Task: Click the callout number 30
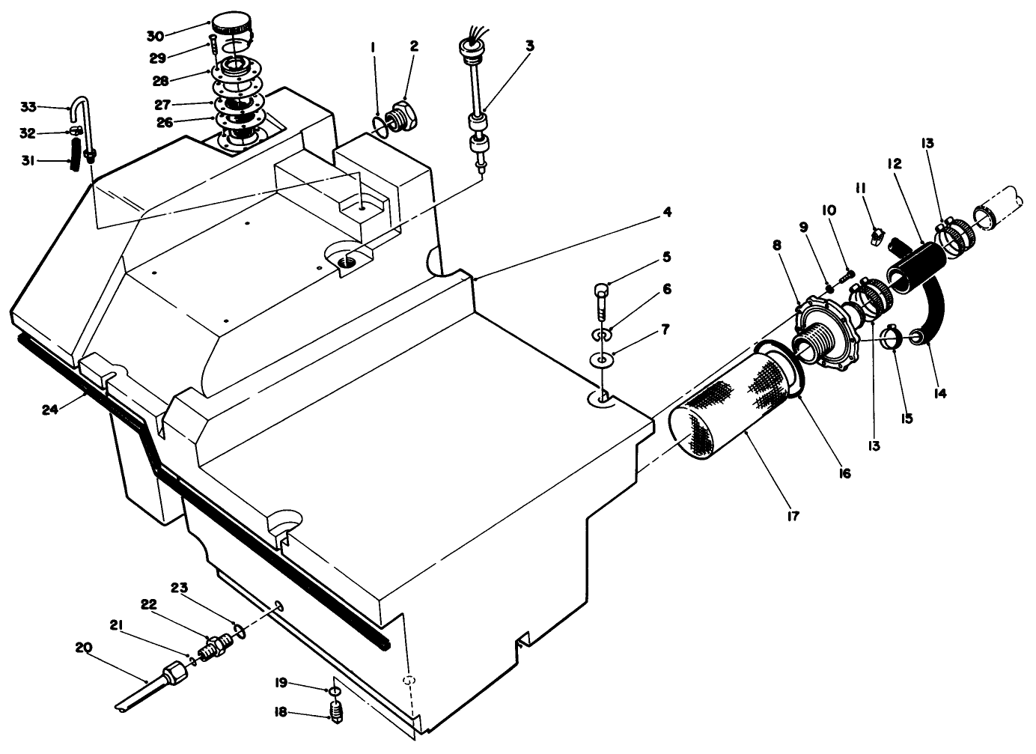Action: tap(154, 34)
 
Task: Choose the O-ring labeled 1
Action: tap(380, 125)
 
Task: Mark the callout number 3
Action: tap(529, 46)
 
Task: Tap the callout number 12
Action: tap(895, 163)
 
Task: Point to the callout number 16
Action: tap(845, 473)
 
